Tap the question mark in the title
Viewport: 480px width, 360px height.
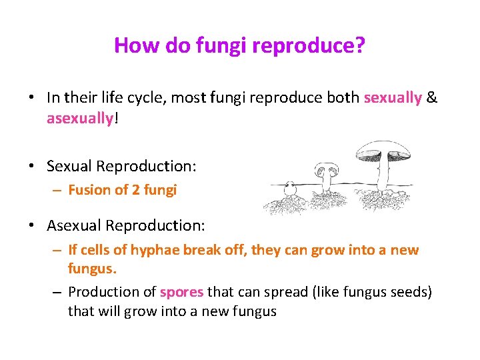coord(361,45)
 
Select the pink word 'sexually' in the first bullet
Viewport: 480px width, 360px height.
coord(393,98)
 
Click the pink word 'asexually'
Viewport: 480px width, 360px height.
coord(79,118)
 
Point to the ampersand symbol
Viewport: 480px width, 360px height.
coord(432,98)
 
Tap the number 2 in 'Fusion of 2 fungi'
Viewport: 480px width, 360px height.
coord(135,190)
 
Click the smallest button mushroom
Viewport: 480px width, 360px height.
coord(289,188)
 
